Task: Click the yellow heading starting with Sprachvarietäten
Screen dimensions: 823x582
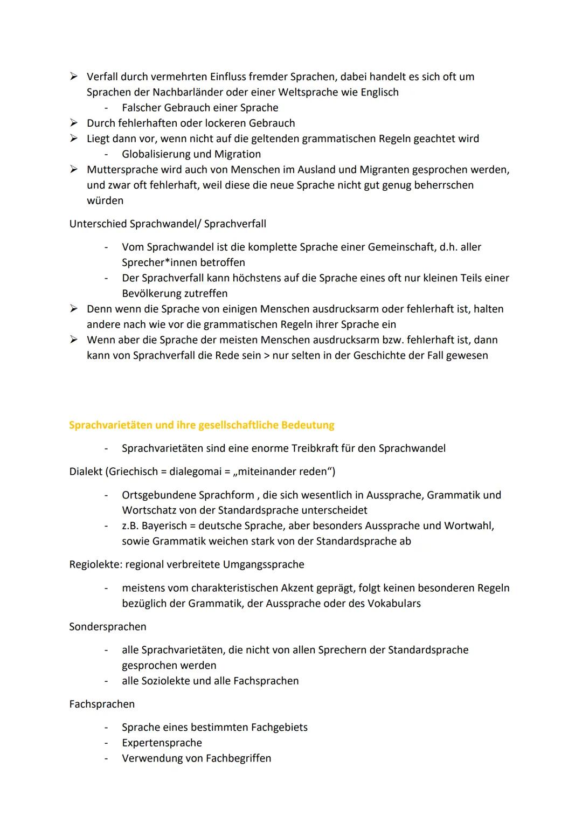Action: (x=202, y=425)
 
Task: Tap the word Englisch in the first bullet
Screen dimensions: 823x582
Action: (x=379, y=92)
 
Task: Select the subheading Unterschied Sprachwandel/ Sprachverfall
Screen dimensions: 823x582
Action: (x=168, y=224)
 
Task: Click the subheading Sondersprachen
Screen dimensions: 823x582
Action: (x=108, y=627)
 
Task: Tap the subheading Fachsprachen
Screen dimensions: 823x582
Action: (x=102, y=704)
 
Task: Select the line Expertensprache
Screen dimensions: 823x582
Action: (x=162, y=743)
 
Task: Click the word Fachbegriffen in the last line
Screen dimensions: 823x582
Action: (x=238, y=758)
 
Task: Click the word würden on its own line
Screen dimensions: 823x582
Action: (x=105, y=200)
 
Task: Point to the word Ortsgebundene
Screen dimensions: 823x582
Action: (x=158, y=495)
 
